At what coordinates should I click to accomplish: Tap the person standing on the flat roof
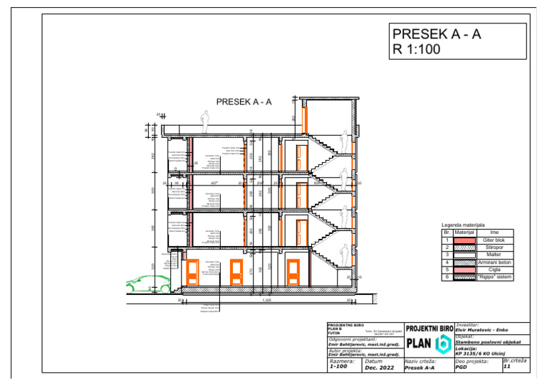[x=204, y=125]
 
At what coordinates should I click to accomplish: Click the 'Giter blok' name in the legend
[x=494, y=241]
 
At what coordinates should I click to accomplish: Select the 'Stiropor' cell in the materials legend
[x=494, y=248]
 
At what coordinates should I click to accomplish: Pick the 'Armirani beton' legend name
[x=494, y=262]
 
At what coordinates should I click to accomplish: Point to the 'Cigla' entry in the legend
[x=494, y=269]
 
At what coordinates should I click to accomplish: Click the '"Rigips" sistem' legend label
[x=494, y=277]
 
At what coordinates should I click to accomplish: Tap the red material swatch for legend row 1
[x=464, y=241]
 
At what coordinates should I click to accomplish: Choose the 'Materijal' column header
[x=464, y=232]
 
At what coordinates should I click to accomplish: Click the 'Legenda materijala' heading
[x=463, y=225]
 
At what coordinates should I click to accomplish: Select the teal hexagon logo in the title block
[x=442, y=343]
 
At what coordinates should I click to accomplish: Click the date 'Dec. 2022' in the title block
[x=378, y=368]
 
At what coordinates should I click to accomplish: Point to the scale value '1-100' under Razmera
[x=339, y=368]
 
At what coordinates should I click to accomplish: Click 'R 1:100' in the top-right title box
[x=417, y=50]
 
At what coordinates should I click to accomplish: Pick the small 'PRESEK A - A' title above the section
[x=244, y=102]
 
